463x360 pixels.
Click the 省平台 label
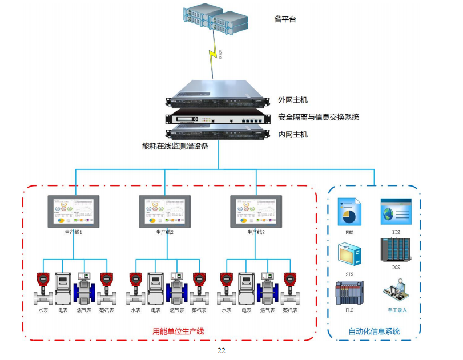point(285,19)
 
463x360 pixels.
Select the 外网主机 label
point(293,100)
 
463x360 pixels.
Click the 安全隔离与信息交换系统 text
point(319,117)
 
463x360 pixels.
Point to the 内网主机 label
point(293,135)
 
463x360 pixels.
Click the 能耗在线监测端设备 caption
point(175,146)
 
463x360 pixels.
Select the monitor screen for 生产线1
point(73,212)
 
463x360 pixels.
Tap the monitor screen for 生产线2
point(164,212)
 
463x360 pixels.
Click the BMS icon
point(349,212)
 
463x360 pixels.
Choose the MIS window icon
point(396,212)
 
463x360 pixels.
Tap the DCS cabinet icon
point(396,250)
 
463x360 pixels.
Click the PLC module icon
point(349,293)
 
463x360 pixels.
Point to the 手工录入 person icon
point(396,292)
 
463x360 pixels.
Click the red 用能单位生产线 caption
point(178,331)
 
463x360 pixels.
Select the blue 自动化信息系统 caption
point(374,331)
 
